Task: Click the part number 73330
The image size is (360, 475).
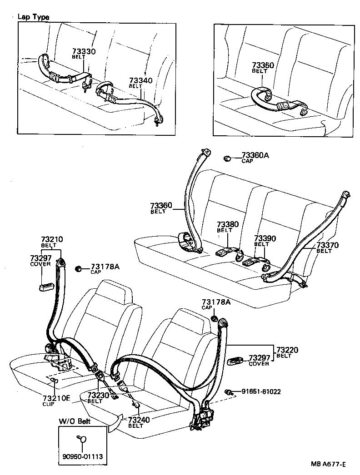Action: [84, 51]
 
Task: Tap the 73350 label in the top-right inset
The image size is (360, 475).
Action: [263, 65]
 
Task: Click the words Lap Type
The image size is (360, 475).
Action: [33, 17]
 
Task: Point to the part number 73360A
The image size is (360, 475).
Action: [255, 155]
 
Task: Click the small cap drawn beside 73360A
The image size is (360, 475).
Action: [227, 158]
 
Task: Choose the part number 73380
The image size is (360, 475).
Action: [227, 224]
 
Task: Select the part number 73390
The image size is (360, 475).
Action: [265, 238]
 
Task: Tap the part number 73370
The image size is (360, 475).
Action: [328, 245]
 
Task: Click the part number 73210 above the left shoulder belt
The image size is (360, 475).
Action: [52, 239]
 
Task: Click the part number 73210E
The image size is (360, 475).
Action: [56, 398]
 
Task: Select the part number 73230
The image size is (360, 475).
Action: [98, 395]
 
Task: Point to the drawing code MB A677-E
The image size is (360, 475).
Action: [329, 464]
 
